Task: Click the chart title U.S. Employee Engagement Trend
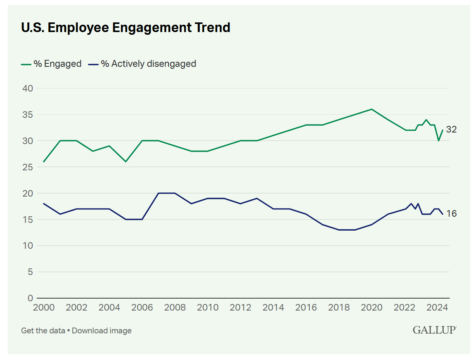126,27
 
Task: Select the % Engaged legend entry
51,64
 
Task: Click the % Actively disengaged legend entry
143,64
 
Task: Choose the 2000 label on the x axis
44,308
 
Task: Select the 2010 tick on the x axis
207,308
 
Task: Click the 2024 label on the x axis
437,308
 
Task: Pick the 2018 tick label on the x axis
338,308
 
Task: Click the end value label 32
451,130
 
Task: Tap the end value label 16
451,214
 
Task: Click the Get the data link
43,331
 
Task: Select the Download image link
102,331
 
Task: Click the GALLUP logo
434,330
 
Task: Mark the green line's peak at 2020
371,109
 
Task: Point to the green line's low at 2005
126,161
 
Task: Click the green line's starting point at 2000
44,161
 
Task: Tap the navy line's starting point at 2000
44,204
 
